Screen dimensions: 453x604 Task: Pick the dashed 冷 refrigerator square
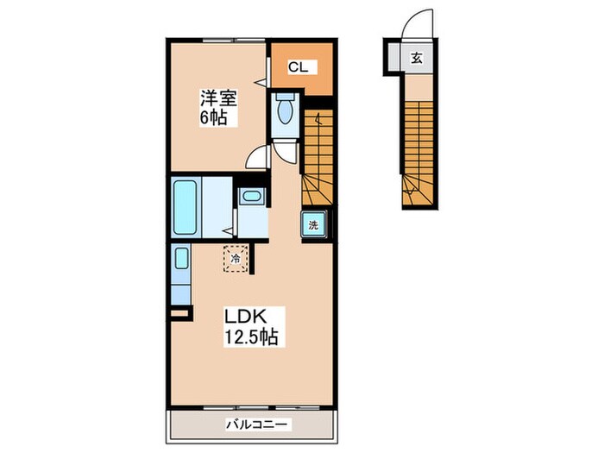(235, 256)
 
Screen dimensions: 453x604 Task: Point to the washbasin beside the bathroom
(251, 197)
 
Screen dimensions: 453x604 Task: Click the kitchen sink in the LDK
(181, 258)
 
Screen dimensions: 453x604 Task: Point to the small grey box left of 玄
(395, 59)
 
